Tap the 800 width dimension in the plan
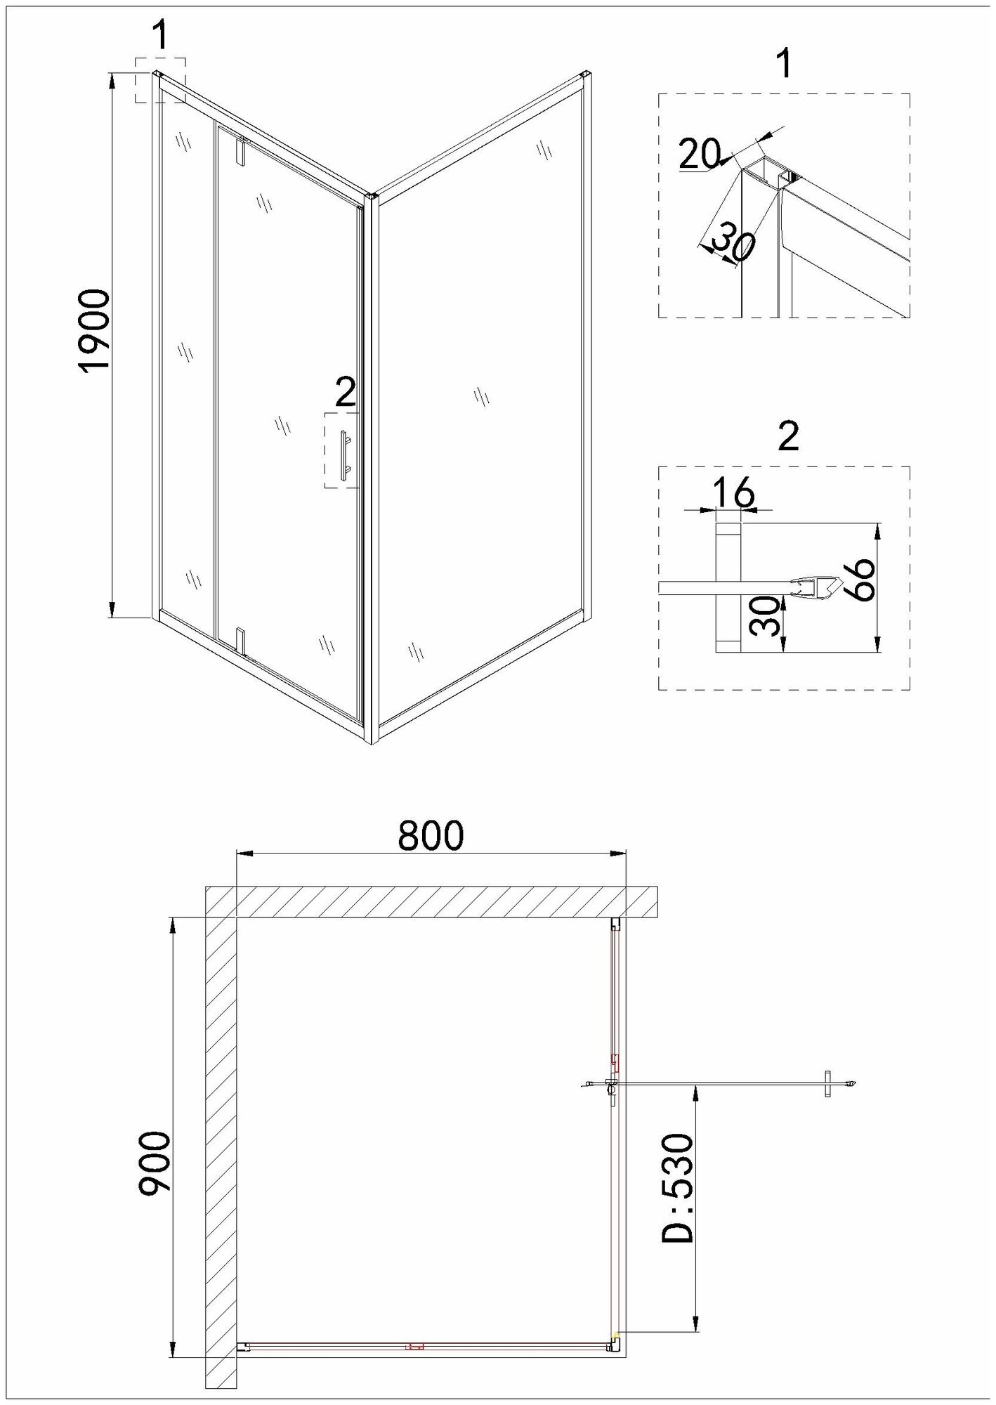(x=431, y=836)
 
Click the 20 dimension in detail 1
(x=700, y=154)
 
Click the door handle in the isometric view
(x=344, y=456)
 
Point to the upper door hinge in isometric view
(x=241, y=151)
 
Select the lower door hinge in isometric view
(x=240, y=639)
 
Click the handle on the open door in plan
(x=829, y=1102)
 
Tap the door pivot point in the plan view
(x=610, y=1104)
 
